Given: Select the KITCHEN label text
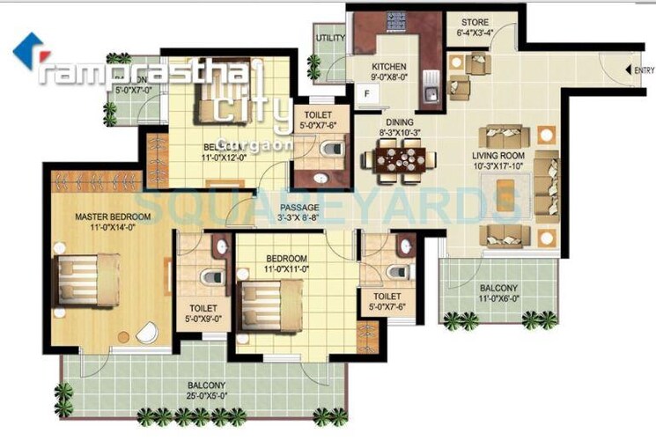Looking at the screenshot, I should click(388, 67).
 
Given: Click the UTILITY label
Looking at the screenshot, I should click(331, 38).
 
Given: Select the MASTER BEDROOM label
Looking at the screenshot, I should click(113, 217).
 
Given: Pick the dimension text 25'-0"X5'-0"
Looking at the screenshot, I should click(205, 397).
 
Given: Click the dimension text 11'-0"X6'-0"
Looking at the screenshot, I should click(498, 299).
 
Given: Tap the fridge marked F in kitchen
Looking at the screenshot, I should click(365, 91).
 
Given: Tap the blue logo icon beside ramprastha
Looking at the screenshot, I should click(26, 49).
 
